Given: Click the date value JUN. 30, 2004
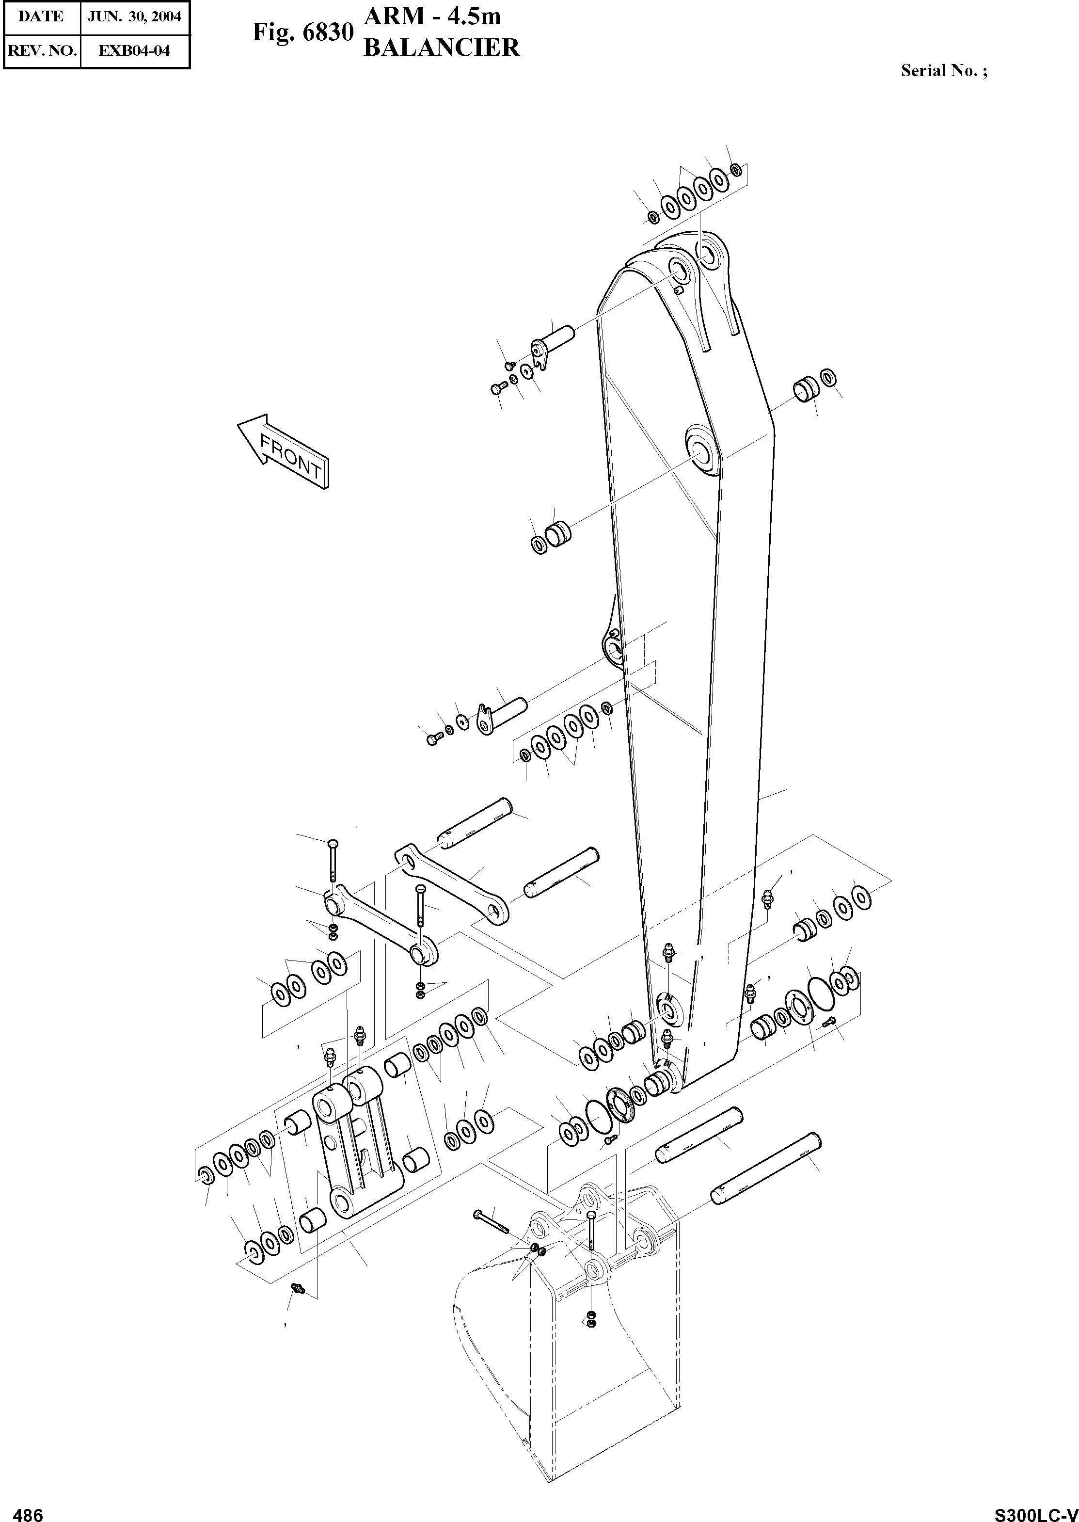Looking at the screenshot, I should click(x=135, y=16).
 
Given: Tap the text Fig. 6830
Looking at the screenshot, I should click(x=302, y=32).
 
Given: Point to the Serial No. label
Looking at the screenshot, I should click(x=943, y=70).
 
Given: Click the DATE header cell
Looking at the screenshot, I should click(x=41, y=16).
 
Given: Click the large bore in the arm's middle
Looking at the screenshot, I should click(x=701, y=450).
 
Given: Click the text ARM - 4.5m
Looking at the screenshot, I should click(x=432, y=16).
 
